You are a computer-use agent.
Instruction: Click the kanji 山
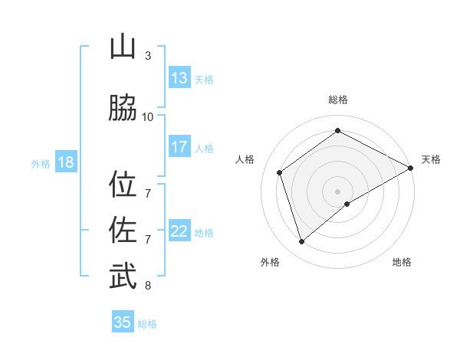(x=123, y=47)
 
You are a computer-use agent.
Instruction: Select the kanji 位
(x=123, y=185)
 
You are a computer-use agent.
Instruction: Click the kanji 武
(x=123, y=277)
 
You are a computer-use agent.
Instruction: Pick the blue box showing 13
(x=179, y=78)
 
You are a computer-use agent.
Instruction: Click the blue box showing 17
(x=179, y=147)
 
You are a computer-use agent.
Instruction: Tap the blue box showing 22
(x=179, y=231)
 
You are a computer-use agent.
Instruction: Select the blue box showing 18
(x=65, y=162)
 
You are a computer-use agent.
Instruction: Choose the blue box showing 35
(x=123, y=322)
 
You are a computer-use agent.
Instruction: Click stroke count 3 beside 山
(x=148, y=56)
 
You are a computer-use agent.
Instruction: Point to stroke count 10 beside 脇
(x=148, y=116)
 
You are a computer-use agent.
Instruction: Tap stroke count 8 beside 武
(x=148, y=286)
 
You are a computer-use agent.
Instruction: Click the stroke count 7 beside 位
(x=148, y=186)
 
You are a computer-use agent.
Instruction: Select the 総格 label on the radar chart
(x=338, y=100)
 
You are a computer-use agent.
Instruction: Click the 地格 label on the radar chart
(x=402, y=262)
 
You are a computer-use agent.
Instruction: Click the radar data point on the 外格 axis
(x=301, y=242)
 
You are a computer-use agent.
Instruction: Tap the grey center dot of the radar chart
(x=338, y=191)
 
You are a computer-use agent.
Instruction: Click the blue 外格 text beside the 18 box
(x=41, y=163)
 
